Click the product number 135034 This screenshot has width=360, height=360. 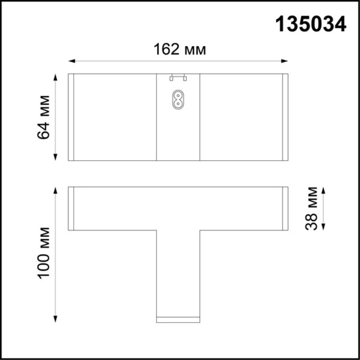tap(310, 23)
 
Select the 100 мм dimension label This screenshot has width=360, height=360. tap(44, 254)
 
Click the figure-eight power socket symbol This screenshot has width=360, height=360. tap(178, 99)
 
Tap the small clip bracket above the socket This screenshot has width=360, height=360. tap(178, 77)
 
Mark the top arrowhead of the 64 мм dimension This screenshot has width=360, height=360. tap(55, 77)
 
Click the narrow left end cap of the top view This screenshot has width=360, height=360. tap(71, 117)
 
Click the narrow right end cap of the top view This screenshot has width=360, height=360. tap(285, 117)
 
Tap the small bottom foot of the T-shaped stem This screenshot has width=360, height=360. tap(178, 317)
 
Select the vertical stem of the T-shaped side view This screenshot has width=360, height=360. tap(178, 270)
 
